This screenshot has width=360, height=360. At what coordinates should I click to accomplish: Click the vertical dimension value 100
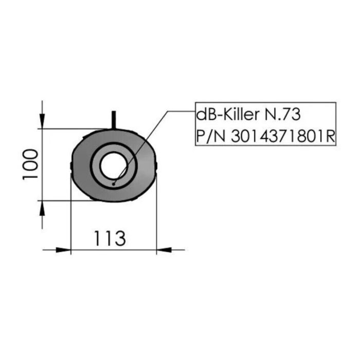pyautogui.click(x=31, y=164)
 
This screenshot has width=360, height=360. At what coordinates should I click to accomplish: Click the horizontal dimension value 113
pyautogui.click(x=110, y=238)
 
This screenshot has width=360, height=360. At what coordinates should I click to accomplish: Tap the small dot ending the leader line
pyautogui.click(x=114, y=184)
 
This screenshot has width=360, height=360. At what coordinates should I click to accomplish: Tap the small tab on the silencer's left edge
pyautogui.click(x=71, y=165)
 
